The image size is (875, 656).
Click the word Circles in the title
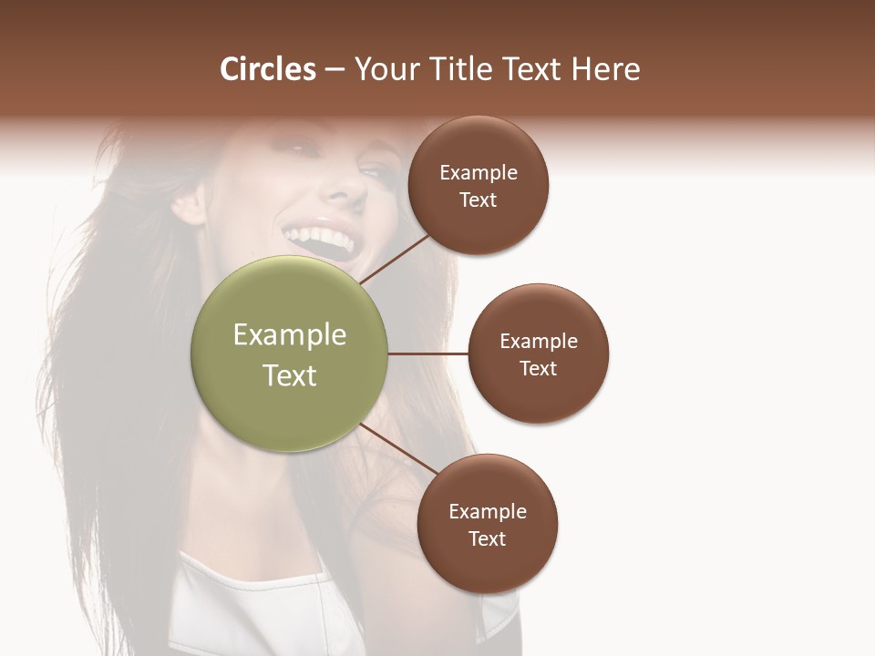tap(268, 69)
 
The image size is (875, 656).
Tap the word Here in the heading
tap(605, 69)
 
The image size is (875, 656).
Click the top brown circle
tap(478, 146)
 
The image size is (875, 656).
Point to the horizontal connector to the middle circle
tap(427, 354)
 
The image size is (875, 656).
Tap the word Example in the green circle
tap(289, 335)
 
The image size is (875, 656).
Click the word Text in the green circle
tap(289, 375)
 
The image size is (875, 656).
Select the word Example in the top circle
tap(478, 173)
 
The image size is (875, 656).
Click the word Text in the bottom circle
tap(487, 539)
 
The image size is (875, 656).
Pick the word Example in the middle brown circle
tap(538, 342)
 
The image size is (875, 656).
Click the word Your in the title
tap(382, 69)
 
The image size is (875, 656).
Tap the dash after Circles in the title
tap(335, 70)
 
